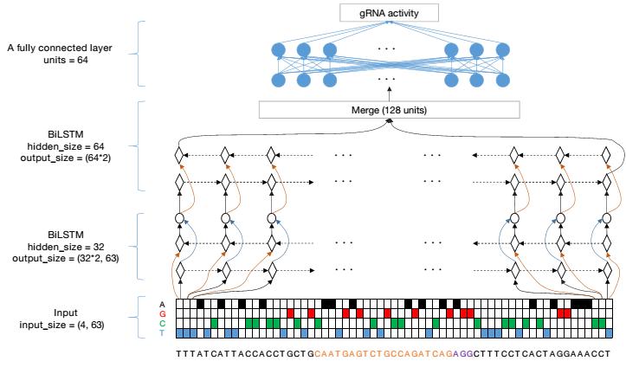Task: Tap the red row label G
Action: click(x=163, y=313)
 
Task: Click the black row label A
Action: click(x=163, y=303)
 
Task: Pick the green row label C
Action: click(x=163, y=322)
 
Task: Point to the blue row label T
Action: click(x=163, y=332)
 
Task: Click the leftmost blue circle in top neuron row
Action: click(x=280, y=49)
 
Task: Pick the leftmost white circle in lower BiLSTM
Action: click(x=181, y=218)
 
